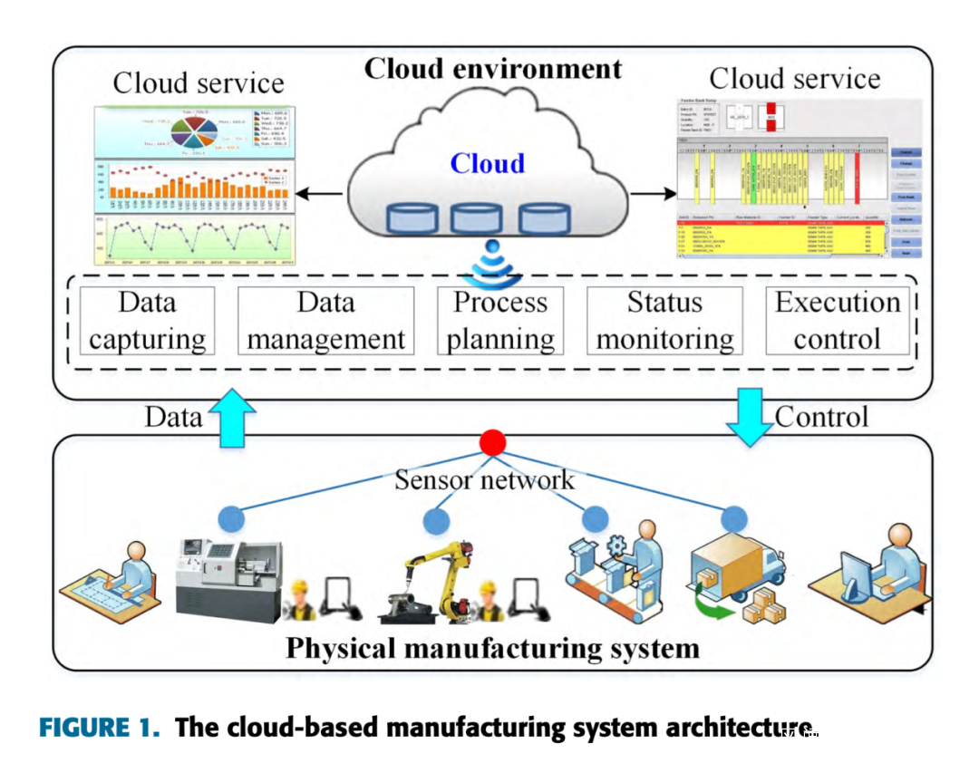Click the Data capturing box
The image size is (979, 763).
[x=147, y=321]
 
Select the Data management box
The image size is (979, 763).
[x=325, y=321]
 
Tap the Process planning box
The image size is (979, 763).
[x=500, y=321]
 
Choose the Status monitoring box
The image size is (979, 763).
[x=664, y=321]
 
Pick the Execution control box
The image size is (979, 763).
[x=837, y=321]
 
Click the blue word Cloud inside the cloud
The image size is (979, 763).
[x=488, y=164]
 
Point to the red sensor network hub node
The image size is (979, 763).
[x=492, y=443]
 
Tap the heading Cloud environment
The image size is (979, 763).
[x=493, y=69]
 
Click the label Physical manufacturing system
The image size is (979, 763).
[x=492, y=649]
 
